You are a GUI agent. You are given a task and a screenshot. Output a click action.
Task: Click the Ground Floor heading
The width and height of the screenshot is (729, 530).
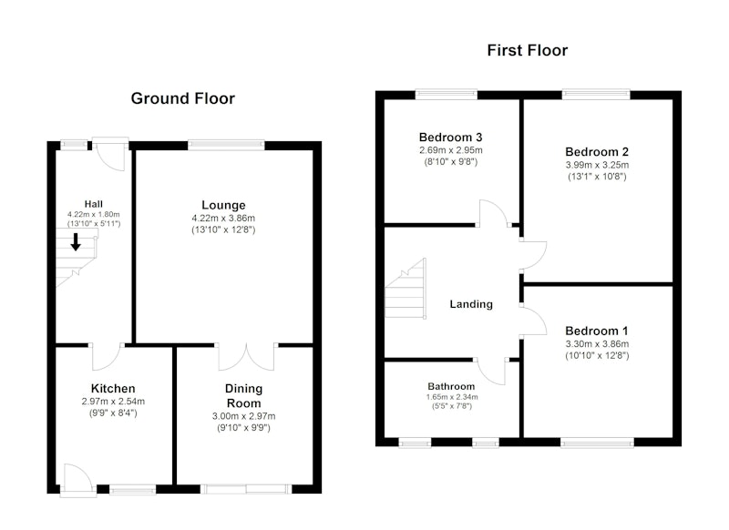point(183,98)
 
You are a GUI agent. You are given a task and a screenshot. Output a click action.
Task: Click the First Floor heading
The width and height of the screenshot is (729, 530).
point(528,50)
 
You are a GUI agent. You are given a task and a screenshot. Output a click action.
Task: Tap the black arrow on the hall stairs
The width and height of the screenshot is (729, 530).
point(76,242)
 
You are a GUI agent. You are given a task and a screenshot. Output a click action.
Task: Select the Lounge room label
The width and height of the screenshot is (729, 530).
point(223,205)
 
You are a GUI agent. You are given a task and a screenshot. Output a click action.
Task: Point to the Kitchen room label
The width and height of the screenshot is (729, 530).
point(113,388)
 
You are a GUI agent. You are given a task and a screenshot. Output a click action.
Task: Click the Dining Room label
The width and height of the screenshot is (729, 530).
point(243,396)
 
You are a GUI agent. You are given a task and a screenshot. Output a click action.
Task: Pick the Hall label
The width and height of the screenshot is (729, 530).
point(94,204)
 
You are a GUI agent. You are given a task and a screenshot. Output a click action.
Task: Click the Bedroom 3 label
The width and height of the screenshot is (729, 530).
point(450,137)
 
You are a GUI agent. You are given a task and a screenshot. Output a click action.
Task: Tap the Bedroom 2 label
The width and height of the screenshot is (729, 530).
point(597,151)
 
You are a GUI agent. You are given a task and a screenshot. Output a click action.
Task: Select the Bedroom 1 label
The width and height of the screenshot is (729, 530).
point(597,331)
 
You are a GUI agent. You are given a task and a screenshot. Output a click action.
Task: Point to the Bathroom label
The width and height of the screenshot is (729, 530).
point(451,386)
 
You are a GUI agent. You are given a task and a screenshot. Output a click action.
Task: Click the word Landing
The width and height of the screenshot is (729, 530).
point(471,304)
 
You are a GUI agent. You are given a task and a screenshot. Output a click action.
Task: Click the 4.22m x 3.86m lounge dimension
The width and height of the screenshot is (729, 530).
point(223,219)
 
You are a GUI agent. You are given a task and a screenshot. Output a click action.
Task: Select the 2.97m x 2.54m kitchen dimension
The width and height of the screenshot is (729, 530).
point(113,402)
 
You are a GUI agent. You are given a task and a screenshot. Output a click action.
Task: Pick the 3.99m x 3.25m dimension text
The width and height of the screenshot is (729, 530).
point(597,165)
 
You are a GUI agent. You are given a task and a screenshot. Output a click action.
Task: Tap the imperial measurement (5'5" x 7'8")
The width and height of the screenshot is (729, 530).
point(451,406)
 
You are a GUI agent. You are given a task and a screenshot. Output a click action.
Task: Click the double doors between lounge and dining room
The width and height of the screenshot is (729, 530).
point(246,357)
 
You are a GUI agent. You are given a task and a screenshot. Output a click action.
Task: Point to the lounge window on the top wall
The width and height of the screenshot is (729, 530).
point(226,146)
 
